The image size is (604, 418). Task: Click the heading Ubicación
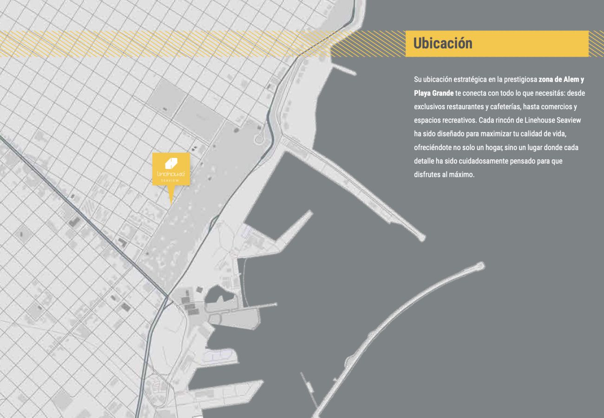coord(442,44)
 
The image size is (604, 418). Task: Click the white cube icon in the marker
coord(171,163)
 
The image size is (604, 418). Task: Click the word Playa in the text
coord(423,93)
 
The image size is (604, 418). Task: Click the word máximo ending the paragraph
coord(462,175)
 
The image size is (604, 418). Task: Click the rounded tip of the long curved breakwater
coord(480,266)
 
